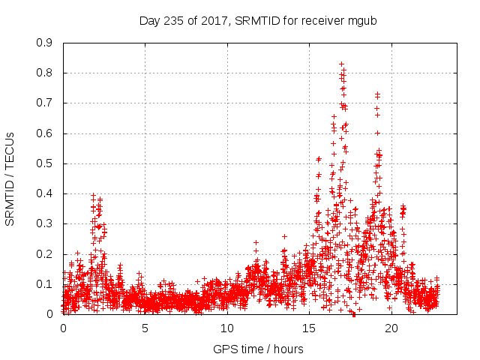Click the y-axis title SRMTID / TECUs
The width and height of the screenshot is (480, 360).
10,179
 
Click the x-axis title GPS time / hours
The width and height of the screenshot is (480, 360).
259,349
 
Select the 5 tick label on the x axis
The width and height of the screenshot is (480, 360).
145,328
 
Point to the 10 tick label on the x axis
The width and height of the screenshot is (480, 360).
227,328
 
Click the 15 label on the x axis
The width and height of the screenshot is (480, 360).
310,328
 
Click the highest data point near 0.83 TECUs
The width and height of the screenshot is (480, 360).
341,64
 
